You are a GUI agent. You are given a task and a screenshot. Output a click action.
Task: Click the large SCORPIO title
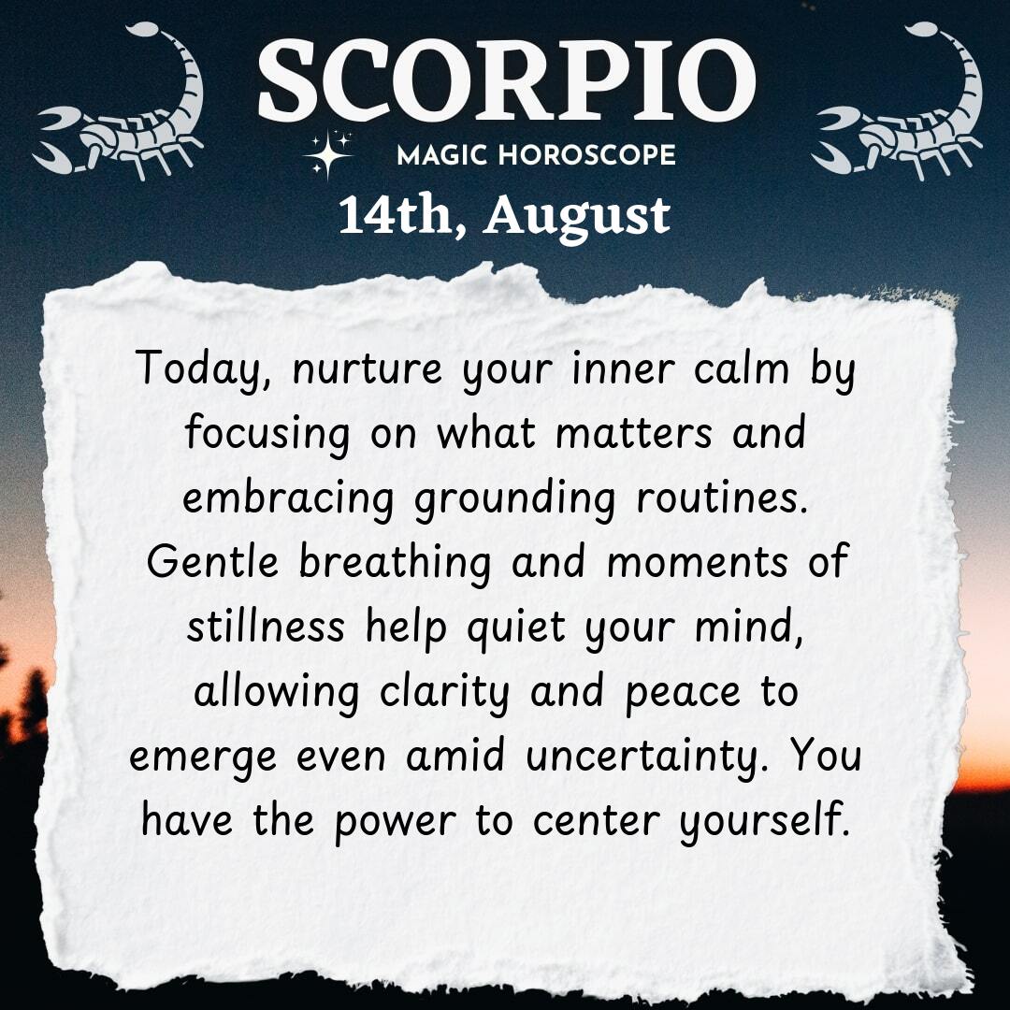click(506, 81)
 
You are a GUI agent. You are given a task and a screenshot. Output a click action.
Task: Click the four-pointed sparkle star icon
click(328, 154)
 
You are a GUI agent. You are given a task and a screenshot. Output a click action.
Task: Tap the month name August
click(577, 217)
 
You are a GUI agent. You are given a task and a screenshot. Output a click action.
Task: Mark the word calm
click(742, 368)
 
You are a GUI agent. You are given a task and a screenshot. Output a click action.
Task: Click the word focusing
click(267, 435)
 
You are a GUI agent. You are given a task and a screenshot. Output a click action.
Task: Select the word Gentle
click(212, 561)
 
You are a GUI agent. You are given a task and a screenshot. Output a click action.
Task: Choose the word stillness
click(266, 626)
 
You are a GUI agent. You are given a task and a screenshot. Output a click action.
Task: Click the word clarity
click(444, 692)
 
